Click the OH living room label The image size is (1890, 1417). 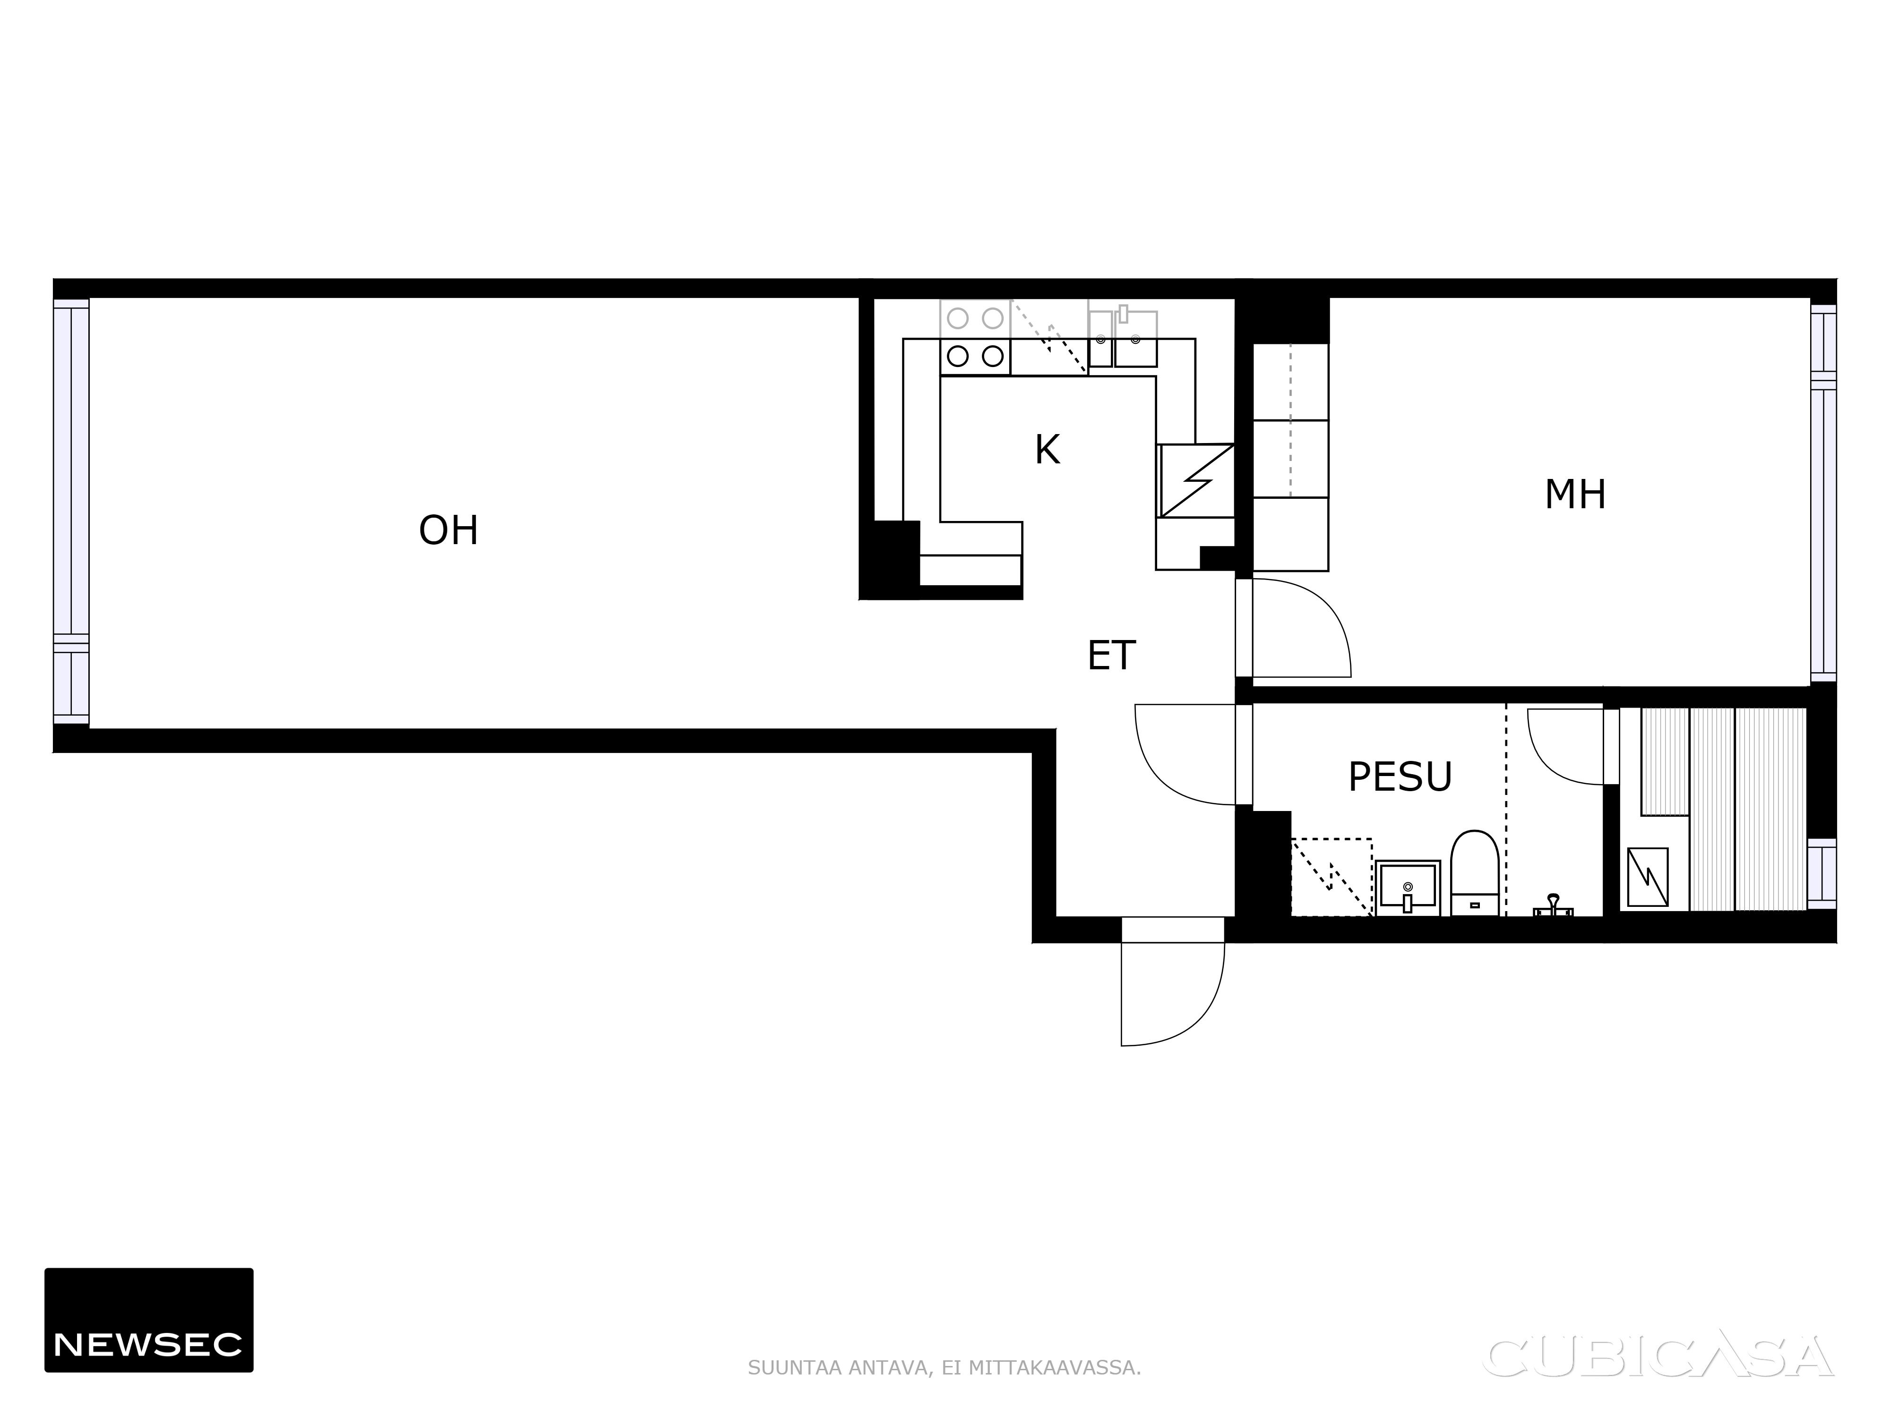pyautogui.click(x=448, y=530)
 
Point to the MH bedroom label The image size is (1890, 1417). pyautogui.click(x=1575, y=495)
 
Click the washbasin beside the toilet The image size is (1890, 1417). pyautogui.click(x=1407, y=888)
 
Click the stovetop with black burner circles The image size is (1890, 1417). pyautogui.click(x=975, y=356)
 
